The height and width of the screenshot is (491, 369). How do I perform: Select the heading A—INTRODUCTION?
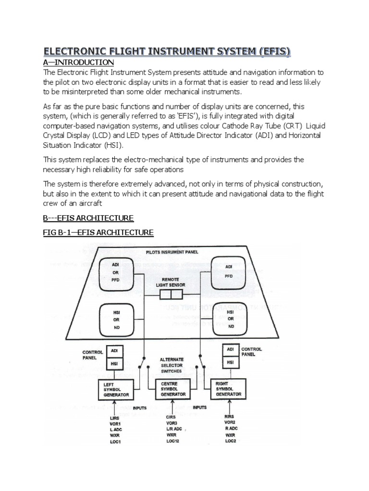point(79,63)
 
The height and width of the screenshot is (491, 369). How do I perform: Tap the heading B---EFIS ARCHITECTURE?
point(88,218)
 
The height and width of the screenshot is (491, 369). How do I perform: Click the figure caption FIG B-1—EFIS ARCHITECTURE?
point(98,233)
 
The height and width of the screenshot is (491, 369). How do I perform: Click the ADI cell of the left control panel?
point(114,351)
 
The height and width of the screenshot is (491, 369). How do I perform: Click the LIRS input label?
point(115,419)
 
